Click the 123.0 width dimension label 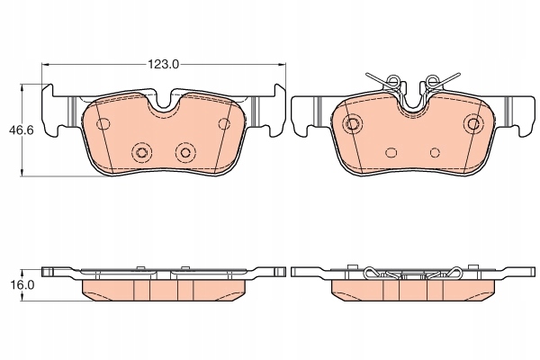tap(163, 64)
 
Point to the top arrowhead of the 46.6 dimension tap(22, 88)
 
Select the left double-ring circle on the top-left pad tap(141, 152)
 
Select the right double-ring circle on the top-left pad tap(185, 152)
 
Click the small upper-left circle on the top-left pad tap(103, 123)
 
